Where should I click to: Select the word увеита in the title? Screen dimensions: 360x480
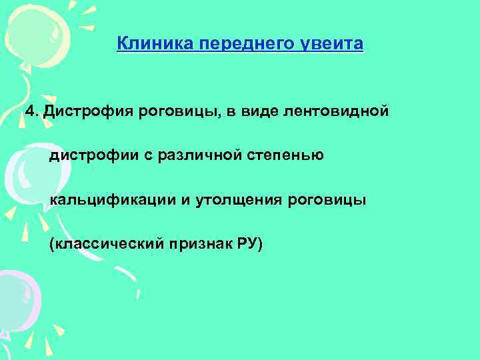pos(336,45)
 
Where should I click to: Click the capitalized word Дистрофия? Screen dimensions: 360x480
pos(83,110)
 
